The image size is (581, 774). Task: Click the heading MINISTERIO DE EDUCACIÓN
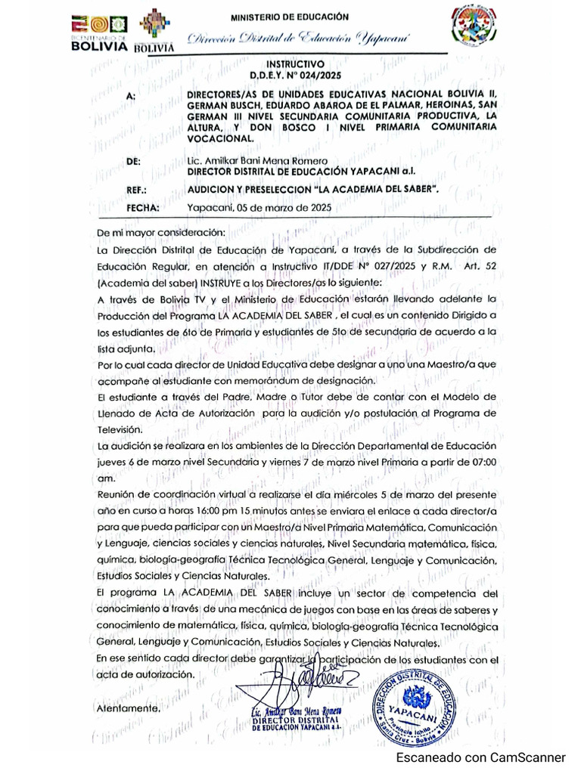tap(290, 16)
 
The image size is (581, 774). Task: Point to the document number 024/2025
tap(320, 76)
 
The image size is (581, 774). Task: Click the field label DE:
tap(132, 162)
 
